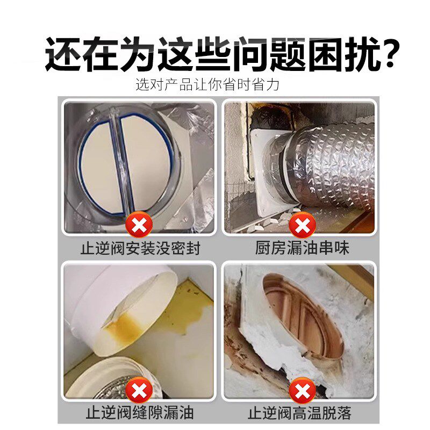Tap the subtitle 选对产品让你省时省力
pos(207,84)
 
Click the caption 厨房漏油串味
pos(302,248)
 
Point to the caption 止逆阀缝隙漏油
pos(140,413)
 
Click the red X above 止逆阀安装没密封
pos(139,225)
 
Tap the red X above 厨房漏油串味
pos(302,225)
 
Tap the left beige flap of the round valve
pos(97,161)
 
